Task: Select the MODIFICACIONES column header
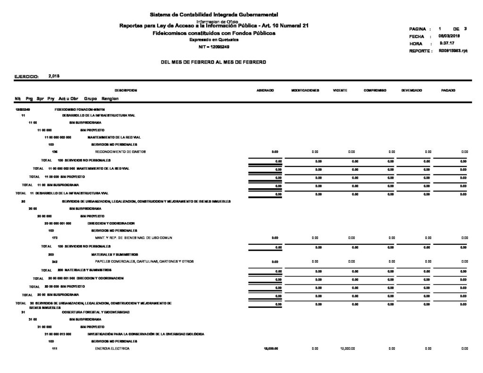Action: (307, 90)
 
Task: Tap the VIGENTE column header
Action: (341, 90)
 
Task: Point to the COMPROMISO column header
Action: (375, 90)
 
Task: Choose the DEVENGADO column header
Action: (412, 90)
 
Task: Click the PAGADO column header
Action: (448, 90)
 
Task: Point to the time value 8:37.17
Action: (446, 43)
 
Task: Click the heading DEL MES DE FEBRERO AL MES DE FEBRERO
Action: (214, 62)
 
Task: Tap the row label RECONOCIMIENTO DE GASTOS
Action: (120, 151)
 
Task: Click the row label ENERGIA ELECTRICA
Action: (112, 348)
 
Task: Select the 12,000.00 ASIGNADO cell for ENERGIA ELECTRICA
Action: (271, 348)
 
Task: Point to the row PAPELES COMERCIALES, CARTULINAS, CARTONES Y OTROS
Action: (144, 261)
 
